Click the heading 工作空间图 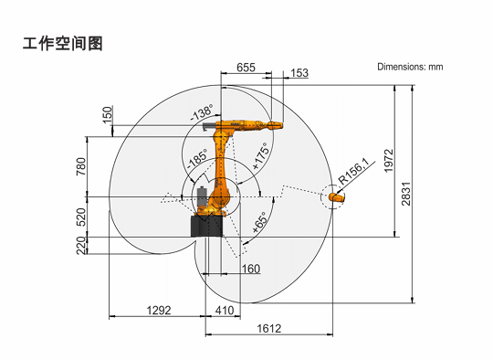coord(63,43)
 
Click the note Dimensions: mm coord(410,67)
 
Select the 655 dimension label coord(246,68)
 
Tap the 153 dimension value coord(299,73)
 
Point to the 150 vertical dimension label coord(108,115)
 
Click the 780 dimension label coord(81,166)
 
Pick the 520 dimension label coord(81,217)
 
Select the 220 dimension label coord(81,245)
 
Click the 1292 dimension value coord(159,311)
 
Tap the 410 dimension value coord(225,311)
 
